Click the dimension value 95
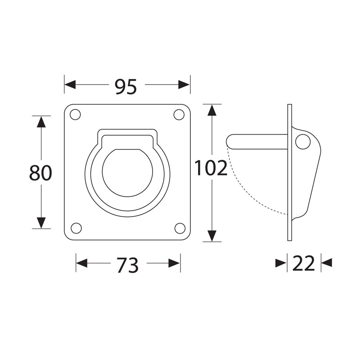[x=126, y=86]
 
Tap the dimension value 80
[x=40, y=173]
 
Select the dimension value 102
[x=211, y=168]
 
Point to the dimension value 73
[x=127, y=265]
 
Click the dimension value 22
[x=303, y=263]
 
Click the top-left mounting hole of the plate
[x=75, y=115]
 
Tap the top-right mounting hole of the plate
[x=179, y=115]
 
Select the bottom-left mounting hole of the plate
[x=76, y=228]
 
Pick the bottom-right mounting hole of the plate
[x=180, y=228]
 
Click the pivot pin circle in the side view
[x=303, y=142]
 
